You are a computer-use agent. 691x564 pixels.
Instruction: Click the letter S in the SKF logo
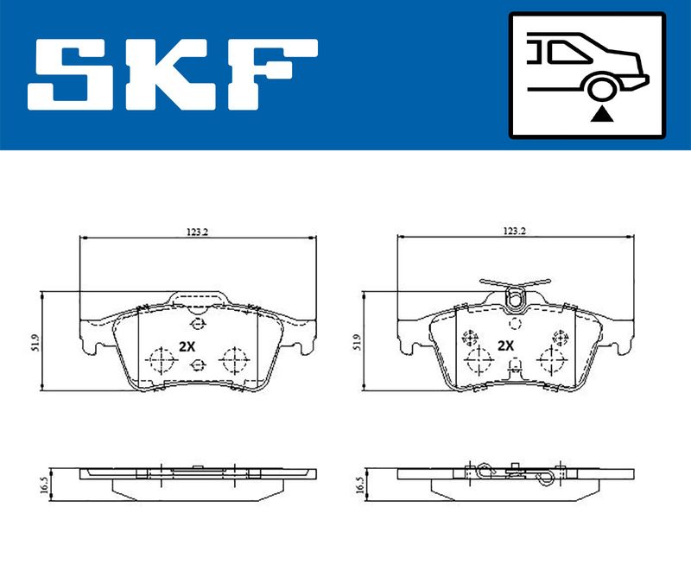(x=71, y=74)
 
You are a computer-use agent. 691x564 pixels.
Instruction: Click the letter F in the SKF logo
(x=273, y=74)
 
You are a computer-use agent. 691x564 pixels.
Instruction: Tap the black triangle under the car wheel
(x=601, y=115)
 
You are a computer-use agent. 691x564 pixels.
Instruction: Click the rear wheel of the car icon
(x=599, y=87)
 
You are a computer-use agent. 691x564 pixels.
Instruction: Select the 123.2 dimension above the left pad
(x=197, y=231)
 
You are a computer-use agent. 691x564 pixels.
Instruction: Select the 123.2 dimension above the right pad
(x=515, y=231)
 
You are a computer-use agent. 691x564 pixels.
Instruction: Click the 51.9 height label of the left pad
(x=36, y=342)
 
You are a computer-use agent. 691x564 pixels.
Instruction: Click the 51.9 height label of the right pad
(x=357, y=342)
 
